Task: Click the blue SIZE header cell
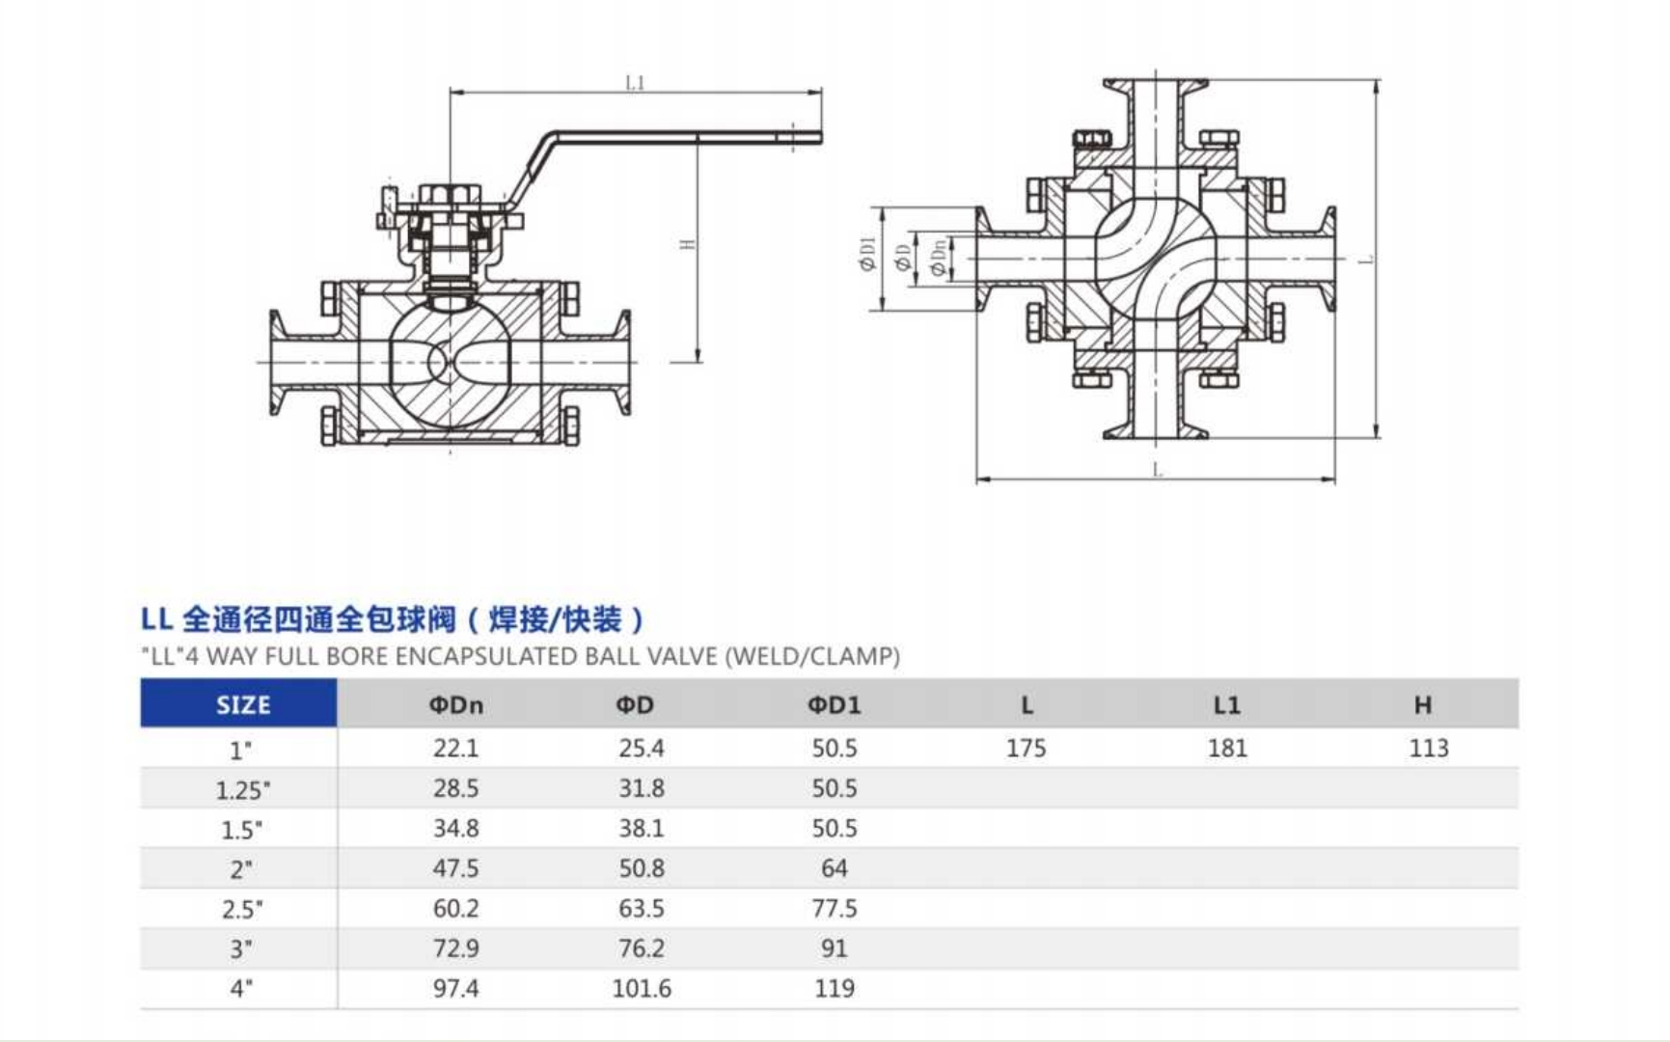pyautogui.click(x=242, y=704)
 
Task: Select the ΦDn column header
pyautogui.click(x=455, y=705)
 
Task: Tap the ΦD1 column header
pyautogui.click(x=834, y=705)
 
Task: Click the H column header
pyautogui.click(x=1423, y=705)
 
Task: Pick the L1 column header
pyautogui.click(x=1226, y=705)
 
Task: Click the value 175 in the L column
pyautogui.click(x=1026, y=748)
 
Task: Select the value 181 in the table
pyautogui.click(x=1227, y=748)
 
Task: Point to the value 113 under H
pyautogui.click(x=1428, y=748)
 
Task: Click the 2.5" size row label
pyautogui.click(x=241, y=909)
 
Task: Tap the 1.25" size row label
pyautogui.click(x=242, y=790)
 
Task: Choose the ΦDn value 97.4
pyautogui.click(x=455, y=988)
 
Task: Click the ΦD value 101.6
pyautogui.click(x=642, y=988)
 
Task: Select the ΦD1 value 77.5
pyautogui.click(x=834, y=908)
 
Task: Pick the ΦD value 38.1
pyautogui.click(x=642, y=828)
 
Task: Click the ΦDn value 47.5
pyautogui.click(x=455, y=868)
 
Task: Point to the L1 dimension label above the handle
pyautogui.click(x=634, y=83)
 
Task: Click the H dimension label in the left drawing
pyautogui.click(x=688, y=243)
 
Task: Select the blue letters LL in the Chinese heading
pyautogui.click(x=156, y=618)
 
